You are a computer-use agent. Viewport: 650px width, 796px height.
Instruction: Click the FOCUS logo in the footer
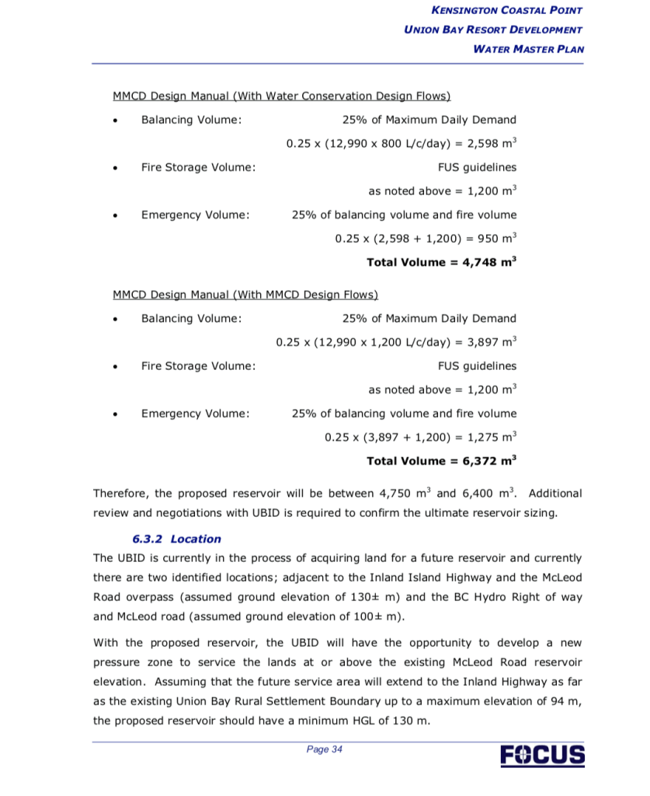(543, 755)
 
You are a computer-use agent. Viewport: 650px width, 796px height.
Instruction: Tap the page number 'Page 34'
(325, 749)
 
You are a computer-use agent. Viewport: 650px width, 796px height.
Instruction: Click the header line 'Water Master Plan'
(528, 49)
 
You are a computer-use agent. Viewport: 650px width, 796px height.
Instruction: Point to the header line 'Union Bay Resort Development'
(493, 30)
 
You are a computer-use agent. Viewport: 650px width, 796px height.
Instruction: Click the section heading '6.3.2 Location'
(176, 539)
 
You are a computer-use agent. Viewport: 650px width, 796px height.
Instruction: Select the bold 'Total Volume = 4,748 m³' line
(441, 262)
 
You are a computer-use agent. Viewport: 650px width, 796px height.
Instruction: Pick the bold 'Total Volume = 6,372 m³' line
(441, 461)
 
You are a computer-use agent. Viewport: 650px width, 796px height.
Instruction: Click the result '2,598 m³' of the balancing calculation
(492, 144)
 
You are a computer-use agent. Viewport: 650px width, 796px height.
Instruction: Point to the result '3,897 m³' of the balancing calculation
(492, 342)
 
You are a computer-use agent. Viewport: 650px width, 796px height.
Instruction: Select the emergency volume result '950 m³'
(498, 239)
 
